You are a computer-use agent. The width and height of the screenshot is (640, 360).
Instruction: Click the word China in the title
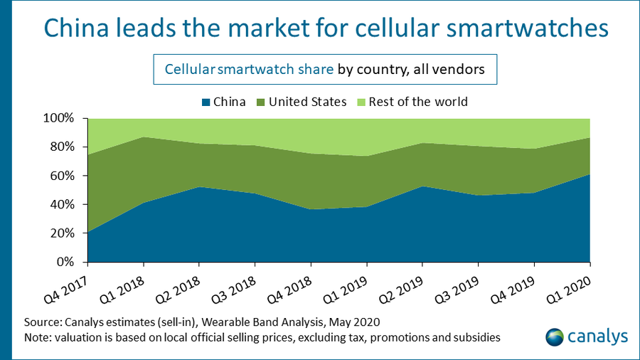tap(76, 28)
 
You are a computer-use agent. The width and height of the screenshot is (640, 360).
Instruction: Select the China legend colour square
tap(206, 102)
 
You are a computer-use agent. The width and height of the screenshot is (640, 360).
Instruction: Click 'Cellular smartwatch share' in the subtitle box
tap(250, 69)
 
